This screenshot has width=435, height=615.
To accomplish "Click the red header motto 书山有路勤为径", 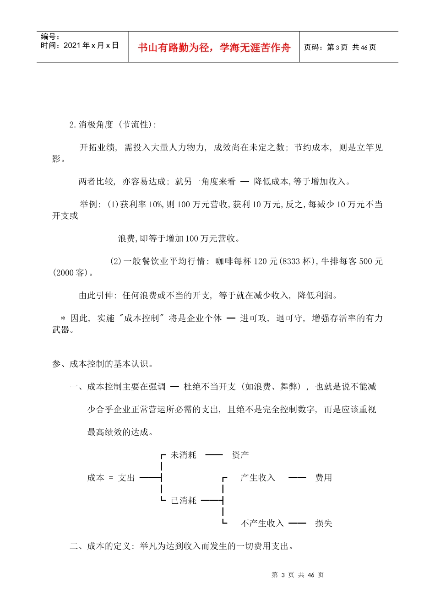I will coord(214,48).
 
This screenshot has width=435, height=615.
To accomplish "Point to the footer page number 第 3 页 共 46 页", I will coord(298,575).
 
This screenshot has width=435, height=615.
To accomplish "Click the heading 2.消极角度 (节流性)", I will coord(113,124).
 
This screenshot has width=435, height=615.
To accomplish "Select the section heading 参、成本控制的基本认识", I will coord(103,364).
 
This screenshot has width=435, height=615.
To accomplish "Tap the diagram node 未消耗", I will coord(183,455).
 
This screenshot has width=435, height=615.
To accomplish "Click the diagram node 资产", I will coord(240,455).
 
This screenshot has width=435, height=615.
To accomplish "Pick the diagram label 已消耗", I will coord(183,501).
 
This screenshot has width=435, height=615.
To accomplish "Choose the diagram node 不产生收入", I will coord(262,523).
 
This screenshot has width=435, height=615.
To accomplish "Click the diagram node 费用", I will coord(323,478).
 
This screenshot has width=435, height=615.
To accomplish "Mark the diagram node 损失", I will coord(323,523).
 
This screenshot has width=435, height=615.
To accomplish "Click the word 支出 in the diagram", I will coord(126,478).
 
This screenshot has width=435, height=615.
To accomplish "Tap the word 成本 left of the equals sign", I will coord(96,478).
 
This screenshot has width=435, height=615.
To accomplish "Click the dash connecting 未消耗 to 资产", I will coord(214,455).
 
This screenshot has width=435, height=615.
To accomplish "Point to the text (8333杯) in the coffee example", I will coord(298,261).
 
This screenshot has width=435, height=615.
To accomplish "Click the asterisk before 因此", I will coord(63,318).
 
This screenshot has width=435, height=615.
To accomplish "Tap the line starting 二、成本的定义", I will coord(181,546).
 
